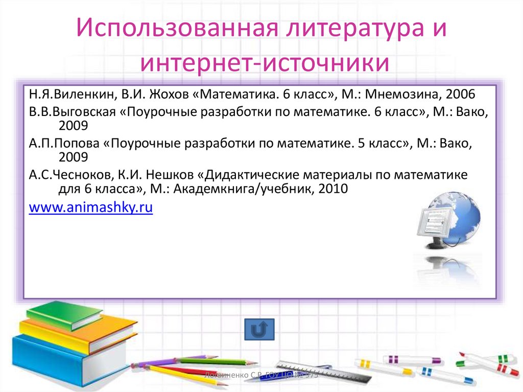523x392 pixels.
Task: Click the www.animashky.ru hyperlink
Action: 91,208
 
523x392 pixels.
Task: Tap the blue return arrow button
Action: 259,330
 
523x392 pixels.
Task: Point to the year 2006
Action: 461,95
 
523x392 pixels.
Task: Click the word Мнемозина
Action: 404,95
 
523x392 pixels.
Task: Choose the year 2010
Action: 333,189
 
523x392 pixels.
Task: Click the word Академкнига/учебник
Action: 244,189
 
